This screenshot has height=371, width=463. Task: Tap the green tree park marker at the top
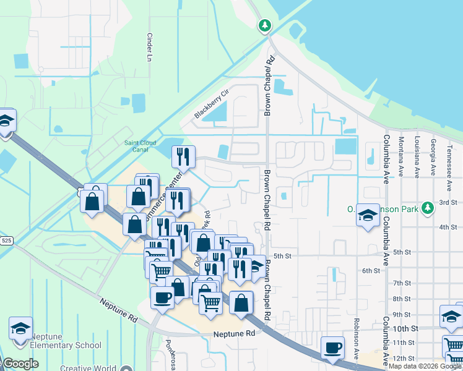point(264,25)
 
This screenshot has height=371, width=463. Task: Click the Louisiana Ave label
point(417,158)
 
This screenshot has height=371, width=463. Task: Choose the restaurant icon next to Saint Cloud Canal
point(183,156)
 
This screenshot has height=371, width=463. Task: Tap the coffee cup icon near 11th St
point(332,348)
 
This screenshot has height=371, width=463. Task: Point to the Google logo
point(20,364)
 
